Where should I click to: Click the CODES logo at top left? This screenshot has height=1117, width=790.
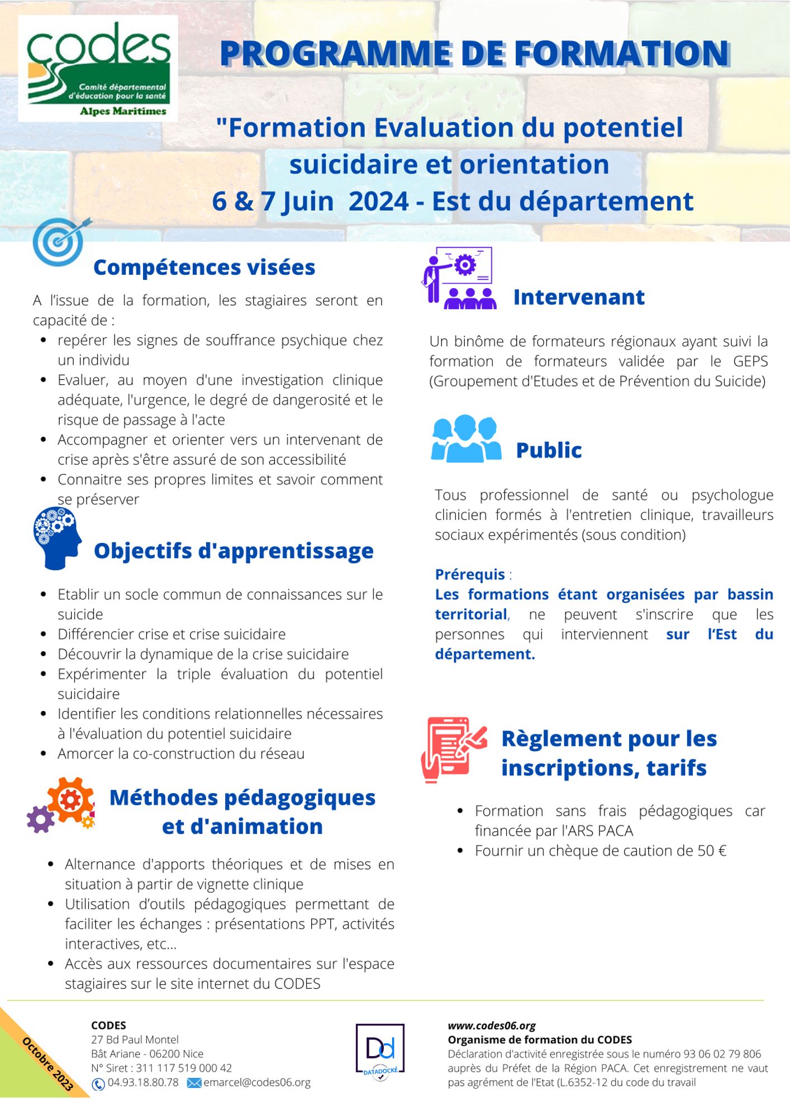click(x=98, y=68)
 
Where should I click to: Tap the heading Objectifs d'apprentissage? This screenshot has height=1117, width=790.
click(x=234, y=551)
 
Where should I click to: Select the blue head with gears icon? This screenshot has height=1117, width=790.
click(x=56, y=538)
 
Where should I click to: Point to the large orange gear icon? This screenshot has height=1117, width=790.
click(x=70, y=800)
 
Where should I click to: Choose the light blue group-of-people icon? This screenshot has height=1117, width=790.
click(x=466, y=439)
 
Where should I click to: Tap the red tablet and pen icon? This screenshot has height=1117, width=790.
click(x=453, y=749)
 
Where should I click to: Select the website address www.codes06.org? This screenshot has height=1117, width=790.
click(x=492, y=1025)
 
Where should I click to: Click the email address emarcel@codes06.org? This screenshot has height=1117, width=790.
click(x=257, y=1082)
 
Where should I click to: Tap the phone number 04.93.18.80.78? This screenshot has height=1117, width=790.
click(x=143, y=1082)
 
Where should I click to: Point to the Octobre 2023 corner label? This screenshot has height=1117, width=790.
click(x=47, y=1063)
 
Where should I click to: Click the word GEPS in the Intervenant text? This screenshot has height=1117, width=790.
click(x=750, y=361)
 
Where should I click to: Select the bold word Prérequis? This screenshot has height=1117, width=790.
click(x=470, y=574)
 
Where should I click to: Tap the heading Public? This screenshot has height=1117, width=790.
click(x=549, y=450)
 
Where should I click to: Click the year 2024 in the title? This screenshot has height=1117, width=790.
click(x=379, y=201)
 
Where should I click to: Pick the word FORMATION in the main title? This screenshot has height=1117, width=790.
click(x=621, y=54)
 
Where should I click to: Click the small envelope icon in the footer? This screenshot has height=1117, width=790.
click(x=194, y=1083)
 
